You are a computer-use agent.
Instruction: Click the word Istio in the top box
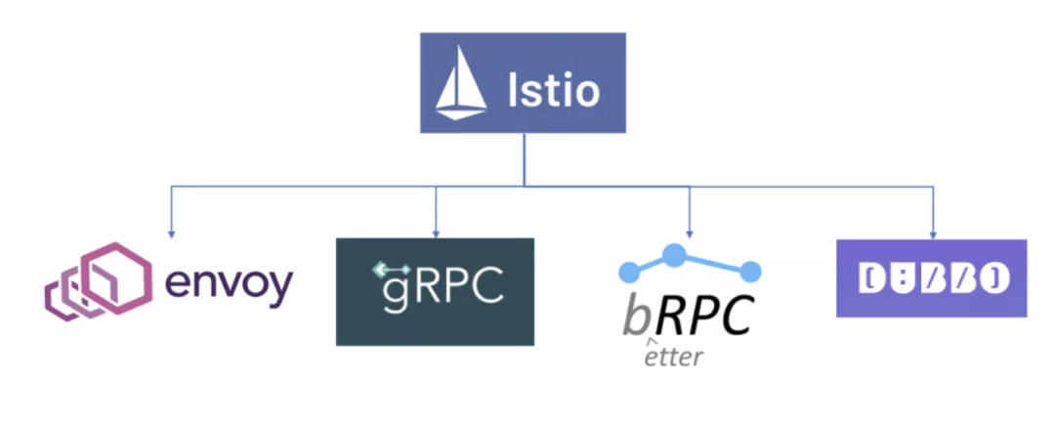pyautogui.click(x=553, y=91)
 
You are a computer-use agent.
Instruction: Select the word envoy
pyautogui.click(x=229, y=283)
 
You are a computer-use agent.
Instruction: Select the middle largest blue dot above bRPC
pyautogui.click(x=674, y=255)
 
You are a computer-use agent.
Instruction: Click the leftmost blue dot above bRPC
pyautogui.click(x=626, y=269)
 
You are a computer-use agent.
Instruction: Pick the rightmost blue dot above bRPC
pyautogui.click(x=751, y=270)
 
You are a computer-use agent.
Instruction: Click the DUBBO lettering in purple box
pyautogui.click(x=931, y=279)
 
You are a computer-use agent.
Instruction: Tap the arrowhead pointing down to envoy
pyautogui.click(x=171, y=233)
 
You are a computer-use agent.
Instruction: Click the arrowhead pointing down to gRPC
pyautogui.click(x=436, y=233)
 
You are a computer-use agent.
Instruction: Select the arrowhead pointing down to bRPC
pyautogui.click(x=690, y=233)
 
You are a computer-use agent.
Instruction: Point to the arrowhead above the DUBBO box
pyautogui.click(x=933, y=233)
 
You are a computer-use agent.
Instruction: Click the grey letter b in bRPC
pyautogui.click(x=638, y=315)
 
